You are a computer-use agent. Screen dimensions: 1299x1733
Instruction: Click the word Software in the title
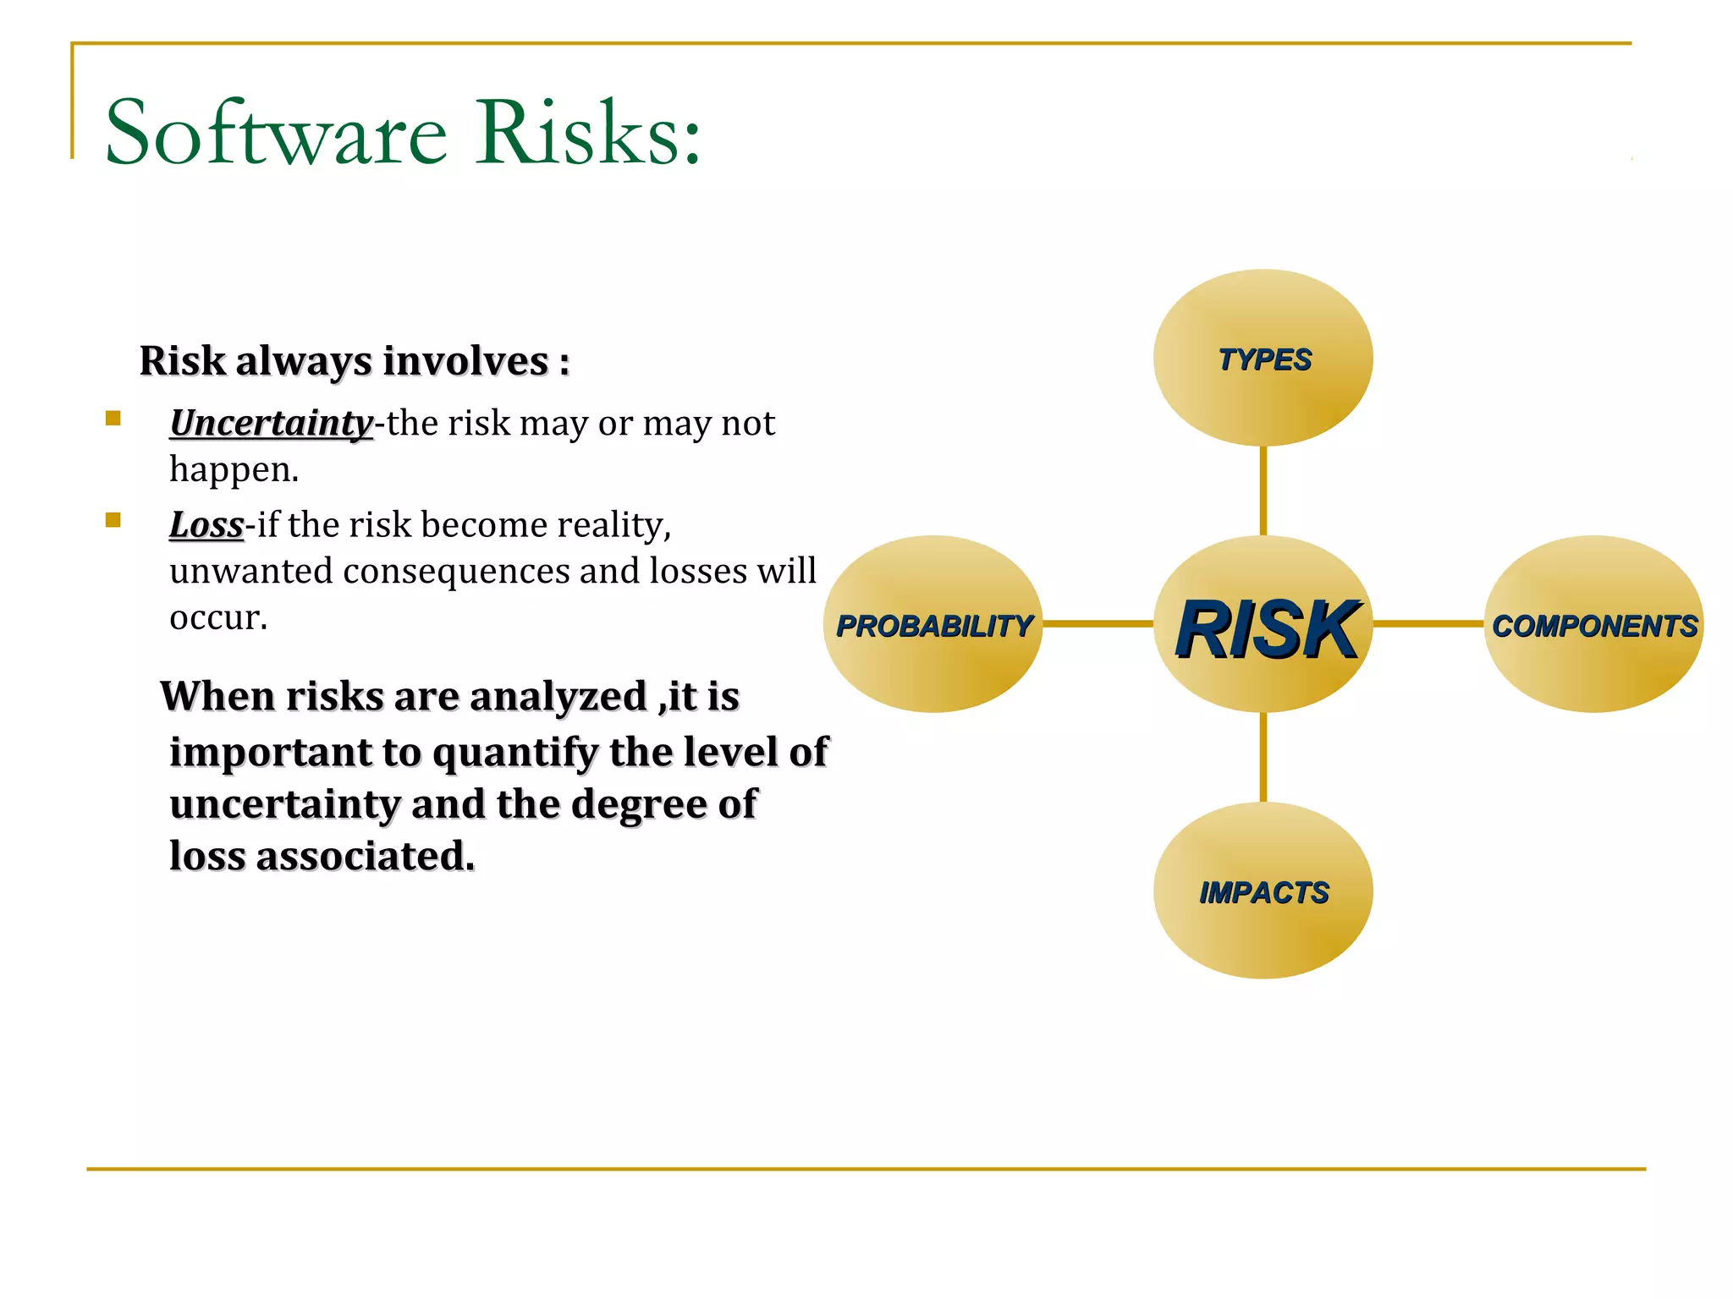coord(276,134)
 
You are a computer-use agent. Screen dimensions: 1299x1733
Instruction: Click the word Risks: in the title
coord(587,134)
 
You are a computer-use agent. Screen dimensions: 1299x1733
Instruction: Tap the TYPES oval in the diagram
coord(1263,358)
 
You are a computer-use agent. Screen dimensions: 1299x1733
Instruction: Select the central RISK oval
coord(1263,625)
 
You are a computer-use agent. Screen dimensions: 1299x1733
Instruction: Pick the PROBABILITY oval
coord(933,625)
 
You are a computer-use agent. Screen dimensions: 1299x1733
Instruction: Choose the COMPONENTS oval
coord(1593,625)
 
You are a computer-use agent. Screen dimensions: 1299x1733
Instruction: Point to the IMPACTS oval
coord(1263,891)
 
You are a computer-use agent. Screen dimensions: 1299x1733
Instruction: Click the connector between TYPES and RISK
coord(1263,491)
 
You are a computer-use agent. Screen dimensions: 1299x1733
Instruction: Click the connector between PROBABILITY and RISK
coord(1098,624)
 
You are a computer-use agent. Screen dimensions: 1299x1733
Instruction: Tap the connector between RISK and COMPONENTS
coord(1428,624)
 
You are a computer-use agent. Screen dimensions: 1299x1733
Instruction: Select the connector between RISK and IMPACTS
coord(1263,757)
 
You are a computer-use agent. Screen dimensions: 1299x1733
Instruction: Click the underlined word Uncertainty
coord(271,423)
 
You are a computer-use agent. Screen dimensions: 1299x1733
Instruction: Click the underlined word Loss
coord(206,524)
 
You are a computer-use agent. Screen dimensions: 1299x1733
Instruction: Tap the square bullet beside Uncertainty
coord(113,418)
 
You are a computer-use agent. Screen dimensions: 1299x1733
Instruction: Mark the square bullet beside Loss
coord(113,520)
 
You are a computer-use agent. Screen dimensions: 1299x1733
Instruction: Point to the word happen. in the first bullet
coord(234,469)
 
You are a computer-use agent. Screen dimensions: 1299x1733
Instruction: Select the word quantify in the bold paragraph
coord(514,753)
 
